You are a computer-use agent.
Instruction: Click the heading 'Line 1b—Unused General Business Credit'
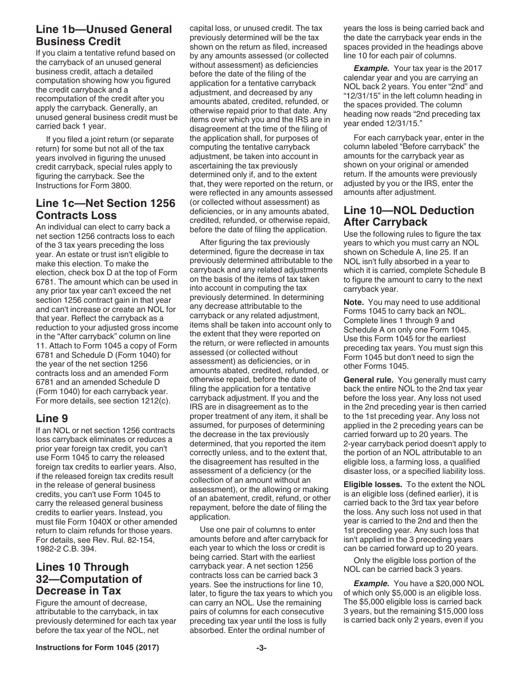click(x=103, y=35)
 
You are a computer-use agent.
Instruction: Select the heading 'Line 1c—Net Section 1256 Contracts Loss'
click(x=105, y=209)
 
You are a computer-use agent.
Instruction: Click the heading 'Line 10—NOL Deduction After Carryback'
click(x=408, y=216)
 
